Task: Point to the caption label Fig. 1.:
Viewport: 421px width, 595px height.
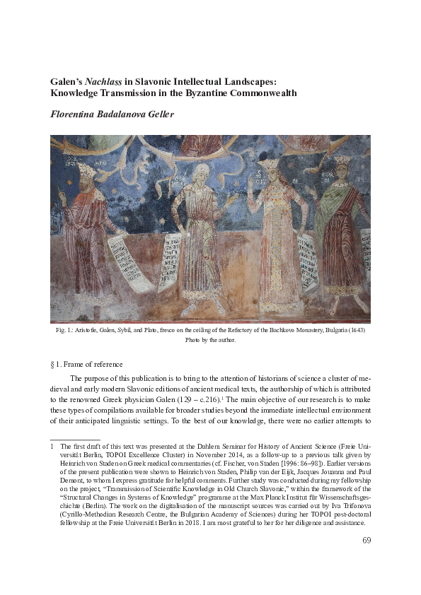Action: [64, 331]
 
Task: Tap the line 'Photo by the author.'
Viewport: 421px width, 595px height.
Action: [210, 340]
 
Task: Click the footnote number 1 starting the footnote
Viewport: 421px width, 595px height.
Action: [52, 447]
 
